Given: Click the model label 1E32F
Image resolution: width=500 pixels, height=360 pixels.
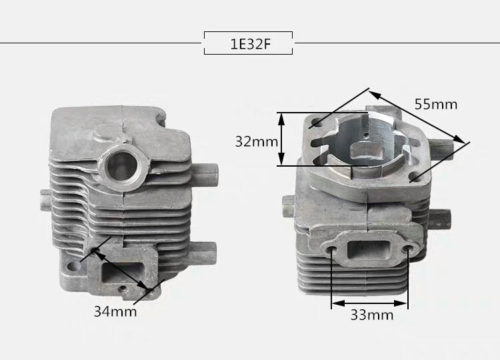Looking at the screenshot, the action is coord(250,44).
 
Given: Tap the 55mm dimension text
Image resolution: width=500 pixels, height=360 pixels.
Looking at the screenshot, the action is coord(436,104).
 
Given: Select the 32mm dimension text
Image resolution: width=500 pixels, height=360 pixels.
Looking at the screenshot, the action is coord(257,141).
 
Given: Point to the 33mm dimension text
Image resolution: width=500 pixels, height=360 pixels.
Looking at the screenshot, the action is coord(372,315).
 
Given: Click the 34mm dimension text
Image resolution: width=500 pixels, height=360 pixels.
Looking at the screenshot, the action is coord(115,311).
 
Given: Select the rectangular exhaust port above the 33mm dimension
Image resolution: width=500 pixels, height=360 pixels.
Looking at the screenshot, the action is coord(368,249).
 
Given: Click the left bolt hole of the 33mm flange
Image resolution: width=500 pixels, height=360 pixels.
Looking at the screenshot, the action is coord(331,249).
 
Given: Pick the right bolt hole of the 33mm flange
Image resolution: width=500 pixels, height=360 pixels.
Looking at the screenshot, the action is coord(407,249).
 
